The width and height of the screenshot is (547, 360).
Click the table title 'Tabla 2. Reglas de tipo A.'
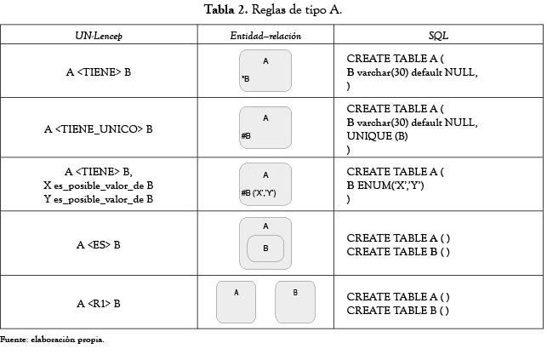273,9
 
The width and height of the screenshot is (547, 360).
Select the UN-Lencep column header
99,36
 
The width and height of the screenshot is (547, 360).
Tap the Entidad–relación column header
265,36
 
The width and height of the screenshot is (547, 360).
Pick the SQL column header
438,35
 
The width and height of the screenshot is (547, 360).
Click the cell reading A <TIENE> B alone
99,71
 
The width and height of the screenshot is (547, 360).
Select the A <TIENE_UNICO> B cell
99,129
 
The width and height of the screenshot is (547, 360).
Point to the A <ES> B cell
99,245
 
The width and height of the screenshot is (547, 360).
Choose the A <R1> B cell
99,304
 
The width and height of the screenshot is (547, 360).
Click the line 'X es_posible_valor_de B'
99,186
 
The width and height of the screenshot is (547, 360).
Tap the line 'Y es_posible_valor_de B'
99,199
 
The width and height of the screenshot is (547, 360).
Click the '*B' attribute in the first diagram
246,79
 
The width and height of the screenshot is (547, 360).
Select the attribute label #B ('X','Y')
259,192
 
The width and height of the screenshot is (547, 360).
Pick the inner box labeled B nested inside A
265,249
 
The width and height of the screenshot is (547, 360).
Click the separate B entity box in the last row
295,302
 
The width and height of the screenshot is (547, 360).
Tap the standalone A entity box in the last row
236,302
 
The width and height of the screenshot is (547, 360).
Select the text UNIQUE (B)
377,135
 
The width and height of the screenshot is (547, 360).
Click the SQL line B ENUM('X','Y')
385,186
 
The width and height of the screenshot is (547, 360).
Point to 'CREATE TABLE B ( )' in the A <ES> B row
398,252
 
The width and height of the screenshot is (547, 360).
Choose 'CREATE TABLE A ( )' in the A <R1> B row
398,296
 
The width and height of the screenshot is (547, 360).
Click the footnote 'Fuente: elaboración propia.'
52,340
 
